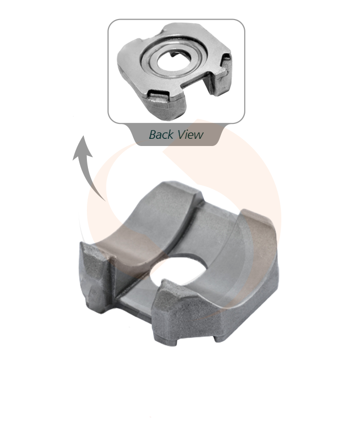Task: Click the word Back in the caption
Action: click(x=161, y=134)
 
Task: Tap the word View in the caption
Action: click(x=190, y=134)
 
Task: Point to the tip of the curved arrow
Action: click(x=83, y=136)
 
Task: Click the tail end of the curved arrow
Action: click(x=105, y=201)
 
